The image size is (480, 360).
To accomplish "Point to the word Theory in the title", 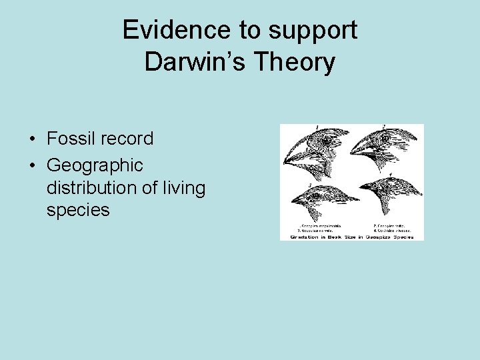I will (x=297, y=62).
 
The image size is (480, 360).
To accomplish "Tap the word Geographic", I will (x=95, y=164).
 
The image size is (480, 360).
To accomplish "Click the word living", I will (x=183, y=188).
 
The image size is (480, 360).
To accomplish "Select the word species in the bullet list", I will (x=78, y=211).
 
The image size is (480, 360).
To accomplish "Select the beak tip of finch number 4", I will (x=361, y=187).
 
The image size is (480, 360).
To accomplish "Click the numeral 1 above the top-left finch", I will (x=317, y=127).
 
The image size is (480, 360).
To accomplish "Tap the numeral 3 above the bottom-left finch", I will (x=310, y=185).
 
